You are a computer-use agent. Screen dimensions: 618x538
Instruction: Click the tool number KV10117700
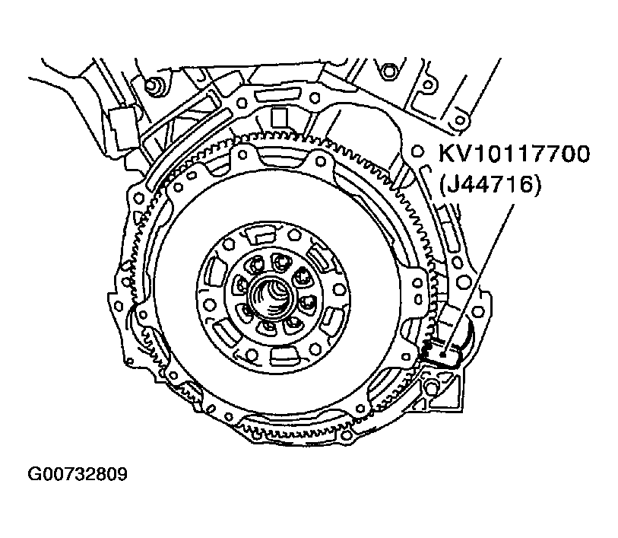tap(515, 154)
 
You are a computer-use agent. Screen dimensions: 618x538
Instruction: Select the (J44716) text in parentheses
tap(490, 184)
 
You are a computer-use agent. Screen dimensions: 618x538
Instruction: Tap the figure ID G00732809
tap(78, 474)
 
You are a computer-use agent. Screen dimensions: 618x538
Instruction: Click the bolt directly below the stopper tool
tap(432, 389)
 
